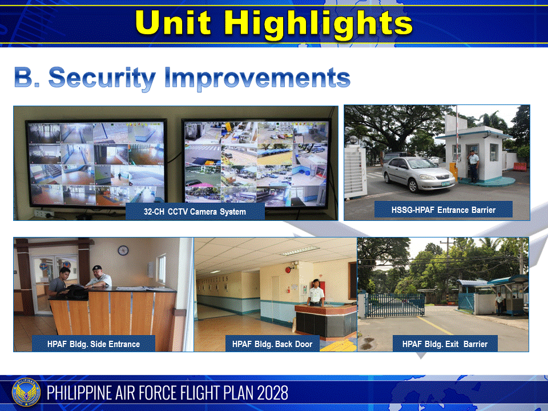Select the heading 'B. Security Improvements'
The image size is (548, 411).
[182, 78]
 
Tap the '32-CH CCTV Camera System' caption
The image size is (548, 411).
[195, 212]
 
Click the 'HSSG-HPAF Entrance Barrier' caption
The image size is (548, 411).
[444, 209]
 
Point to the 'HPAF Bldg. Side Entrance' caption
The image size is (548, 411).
[94, 344]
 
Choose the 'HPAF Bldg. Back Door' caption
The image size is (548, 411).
[272, 344]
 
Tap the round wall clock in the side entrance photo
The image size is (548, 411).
[123, 250]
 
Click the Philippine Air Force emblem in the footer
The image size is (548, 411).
[26, 393]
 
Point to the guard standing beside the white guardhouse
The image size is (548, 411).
[473, 166]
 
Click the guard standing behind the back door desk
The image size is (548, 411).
[315, 293]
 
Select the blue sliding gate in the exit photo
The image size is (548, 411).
[394, 305]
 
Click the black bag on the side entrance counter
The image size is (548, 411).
[75, 291]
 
